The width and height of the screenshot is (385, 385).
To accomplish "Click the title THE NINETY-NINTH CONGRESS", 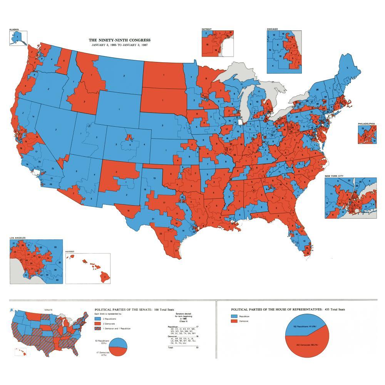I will (x=120, y=40).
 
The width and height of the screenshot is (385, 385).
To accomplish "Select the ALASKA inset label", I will (x=14, y=29).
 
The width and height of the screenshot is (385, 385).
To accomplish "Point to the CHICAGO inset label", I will (x=273, y=29).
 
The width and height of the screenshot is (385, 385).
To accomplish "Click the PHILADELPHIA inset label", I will (x=366, y=124).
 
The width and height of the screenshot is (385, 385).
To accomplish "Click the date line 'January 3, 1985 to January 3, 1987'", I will (x=120, y=45).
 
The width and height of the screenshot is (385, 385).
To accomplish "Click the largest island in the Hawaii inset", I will (x=104, y=275).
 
